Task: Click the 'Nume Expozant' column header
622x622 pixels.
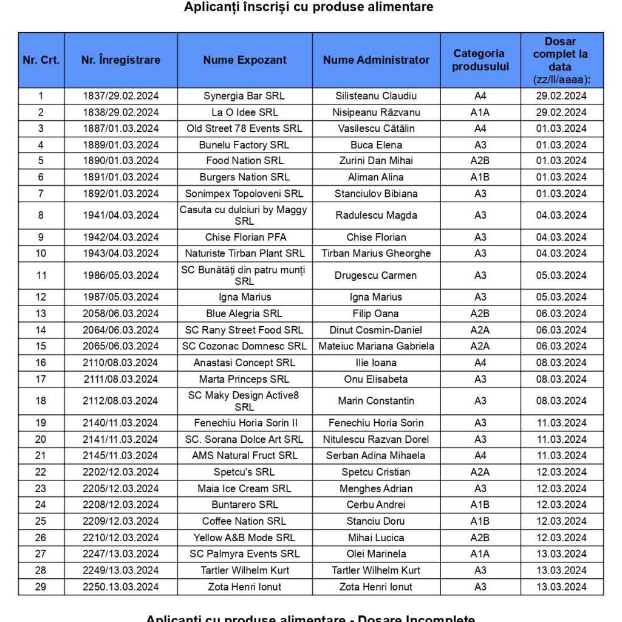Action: tap(245, 60)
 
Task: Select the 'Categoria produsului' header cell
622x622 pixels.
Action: tap(480, 60)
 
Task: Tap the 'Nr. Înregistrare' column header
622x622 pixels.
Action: tap(121, 60)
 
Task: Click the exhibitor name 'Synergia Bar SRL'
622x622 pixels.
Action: tap(244, 96)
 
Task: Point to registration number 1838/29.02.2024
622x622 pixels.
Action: tap(121, 112)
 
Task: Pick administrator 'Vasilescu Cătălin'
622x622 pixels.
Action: tap(376, 128)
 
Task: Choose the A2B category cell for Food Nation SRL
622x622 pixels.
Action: tap(480, 161)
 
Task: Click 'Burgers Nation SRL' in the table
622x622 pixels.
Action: tap(244, 177)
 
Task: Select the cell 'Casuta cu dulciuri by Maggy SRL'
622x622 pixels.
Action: tap(244, 215)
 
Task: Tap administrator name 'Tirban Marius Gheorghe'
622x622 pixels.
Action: tap(376, 253)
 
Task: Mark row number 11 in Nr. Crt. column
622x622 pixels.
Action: tap(41, 275)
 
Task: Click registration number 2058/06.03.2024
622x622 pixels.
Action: tap(121, 313)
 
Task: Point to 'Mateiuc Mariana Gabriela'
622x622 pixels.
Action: tap(376, 346)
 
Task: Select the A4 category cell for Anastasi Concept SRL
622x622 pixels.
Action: tap(480, 363)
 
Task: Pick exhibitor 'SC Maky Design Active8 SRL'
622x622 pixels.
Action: tap(244, 401)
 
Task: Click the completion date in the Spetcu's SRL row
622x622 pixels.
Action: tap(561, 472)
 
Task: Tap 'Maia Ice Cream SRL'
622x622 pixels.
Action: tap(244, 488)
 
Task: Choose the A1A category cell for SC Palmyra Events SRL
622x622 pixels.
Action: tap(480, 554)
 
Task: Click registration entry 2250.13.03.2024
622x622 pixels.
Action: tap(121, 587)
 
